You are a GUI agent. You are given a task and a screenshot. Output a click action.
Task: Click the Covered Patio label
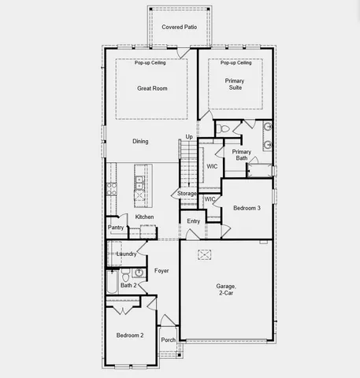179,27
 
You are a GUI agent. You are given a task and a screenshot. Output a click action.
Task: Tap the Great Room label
152,88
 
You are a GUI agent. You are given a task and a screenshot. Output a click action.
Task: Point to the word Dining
140,141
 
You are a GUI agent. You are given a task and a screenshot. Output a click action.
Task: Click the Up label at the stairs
188,137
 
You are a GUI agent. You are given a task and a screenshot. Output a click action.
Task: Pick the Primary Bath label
242,154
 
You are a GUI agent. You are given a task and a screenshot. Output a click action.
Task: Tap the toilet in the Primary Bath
223,128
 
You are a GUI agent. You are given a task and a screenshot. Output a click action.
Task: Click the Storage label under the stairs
187,193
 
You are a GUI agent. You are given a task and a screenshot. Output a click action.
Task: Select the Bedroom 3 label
248,208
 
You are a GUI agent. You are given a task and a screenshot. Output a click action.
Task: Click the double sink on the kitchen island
139,184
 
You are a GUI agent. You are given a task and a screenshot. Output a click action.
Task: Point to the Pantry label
117,228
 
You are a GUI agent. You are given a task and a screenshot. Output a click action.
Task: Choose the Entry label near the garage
193,221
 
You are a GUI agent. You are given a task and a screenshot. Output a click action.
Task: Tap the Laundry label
126,254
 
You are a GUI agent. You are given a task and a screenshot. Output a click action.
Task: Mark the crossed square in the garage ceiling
206,254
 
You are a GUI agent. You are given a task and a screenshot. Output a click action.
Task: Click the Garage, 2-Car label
227,290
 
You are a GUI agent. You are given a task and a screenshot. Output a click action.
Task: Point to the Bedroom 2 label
130,335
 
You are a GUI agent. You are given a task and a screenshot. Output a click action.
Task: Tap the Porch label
168,340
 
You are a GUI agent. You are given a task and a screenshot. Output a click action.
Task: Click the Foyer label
161,270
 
